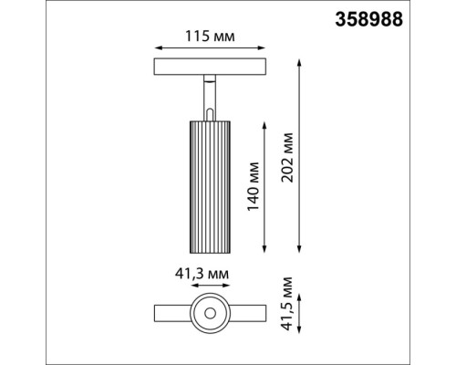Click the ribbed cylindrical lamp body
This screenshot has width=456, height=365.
[210, 186]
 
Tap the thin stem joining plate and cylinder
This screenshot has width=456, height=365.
[210, 94]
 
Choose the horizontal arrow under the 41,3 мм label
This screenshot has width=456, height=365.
[210, 287]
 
